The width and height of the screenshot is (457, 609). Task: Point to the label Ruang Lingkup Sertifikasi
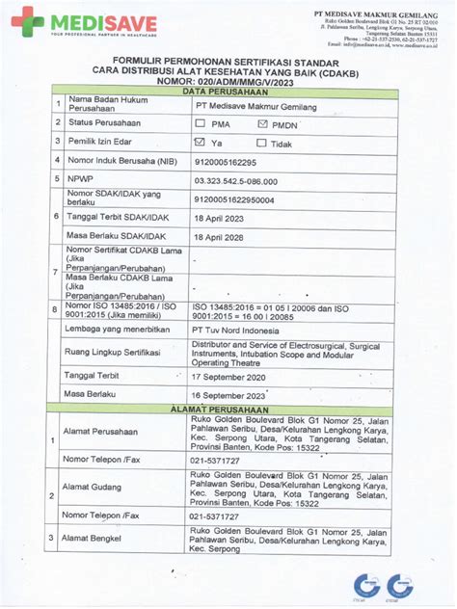point(112,353)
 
